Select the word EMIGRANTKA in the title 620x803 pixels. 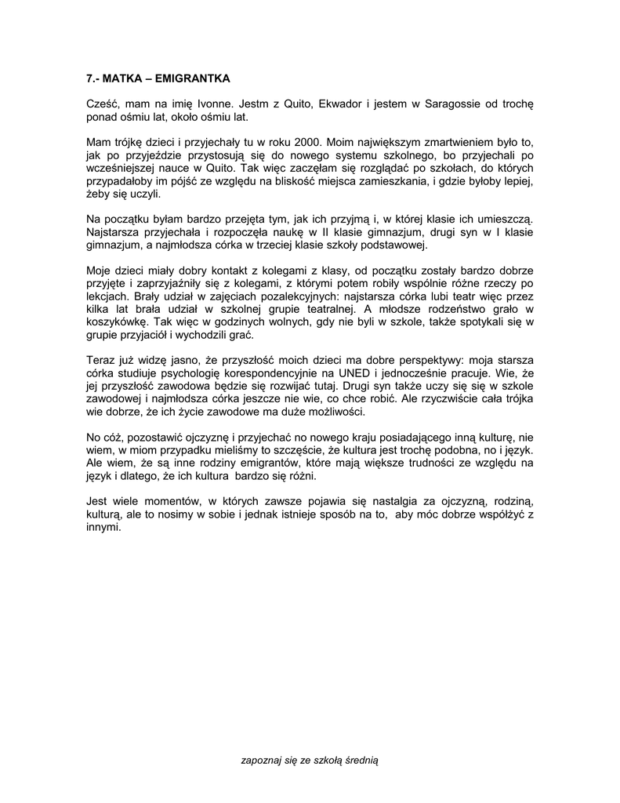click(192, 79)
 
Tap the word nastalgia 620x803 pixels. click(388, 500)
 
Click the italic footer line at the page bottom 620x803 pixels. click(310, 760)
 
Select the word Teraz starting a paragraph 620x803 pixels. click(101, 358)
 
